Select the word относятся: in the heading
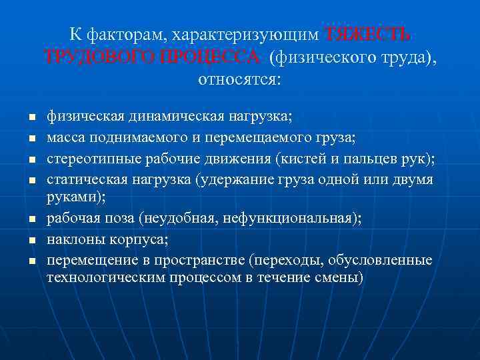pos(240,80)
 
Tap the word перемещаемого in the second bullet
pos(271,137)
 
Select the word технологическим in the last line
pos(103,277)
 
